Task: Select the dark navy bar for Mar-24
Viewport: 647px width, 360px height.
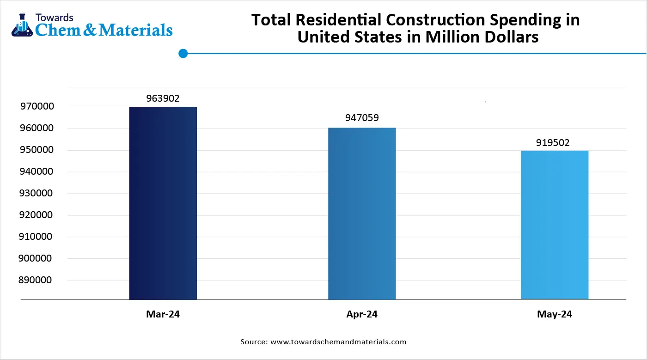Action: [163, 203]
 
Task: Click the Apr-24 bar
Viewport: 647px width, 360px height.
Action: [362, 213]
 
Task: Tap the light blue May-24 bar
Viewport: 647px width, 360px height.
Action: [554, 225]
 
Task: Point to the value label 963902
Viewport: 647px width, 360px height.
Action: [163, 98]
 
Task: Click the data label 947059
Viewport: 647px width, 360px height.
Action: [362, 118]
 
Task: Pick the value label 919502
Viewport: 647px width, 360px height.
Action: [553, 143]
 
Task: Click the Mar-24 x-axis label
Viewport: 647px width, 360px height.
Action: [163, 314]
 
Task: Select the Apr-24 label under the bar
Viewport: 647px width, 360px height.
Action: [362, 314]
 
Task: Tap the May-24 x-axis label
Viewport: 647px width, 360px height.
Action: [554, 314]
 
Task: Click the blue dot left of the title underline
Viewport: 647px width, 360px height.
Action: [183, 54]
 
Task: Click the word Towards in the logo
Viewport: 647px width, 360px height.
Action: [54, 18]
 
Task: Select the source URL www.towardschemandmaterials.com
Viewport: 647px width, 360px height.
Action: [338, 342]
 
